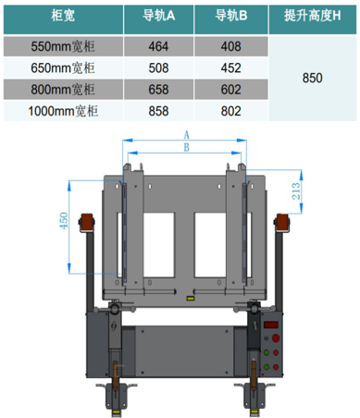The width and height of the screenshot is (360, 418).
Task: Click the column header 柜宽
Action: coord(63,16)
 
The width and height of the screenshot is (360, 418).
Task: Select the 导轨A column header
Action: coord(158,16)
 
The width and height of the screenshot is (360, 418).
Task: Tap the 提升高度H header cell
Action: coord(312,16)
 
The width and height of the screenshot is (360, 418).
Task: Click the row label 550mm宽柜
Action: coord(63,46)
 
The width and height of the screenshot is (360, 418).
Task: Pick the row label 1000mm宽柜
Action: coord(63,111)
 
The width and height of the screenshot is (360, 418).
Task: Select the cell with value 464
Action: coord(158,46)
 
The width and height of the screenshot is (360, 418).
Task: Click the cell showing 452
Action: coord(230,68)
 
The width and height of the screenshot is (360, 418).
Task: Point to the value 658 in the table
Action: coord(158,90)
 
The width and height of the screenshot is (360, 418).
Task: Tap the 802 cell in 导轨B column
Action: coord(230,111)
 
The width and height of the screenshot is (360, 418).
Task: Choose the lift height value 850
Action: coord(312,78)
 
